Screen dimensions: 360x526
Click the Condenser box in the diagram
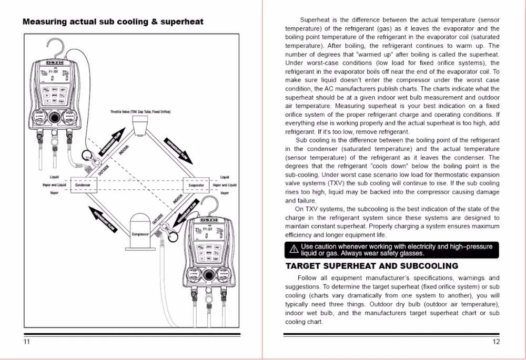point(83,185)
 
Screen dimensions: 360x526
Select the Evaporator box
point(196,185)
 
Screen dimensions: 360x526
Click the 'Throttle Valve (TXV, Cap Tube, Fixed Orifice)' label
point(140,112)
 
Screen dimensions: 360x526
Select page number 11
point(27,342)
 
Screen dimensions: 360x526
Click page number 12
point(496,342)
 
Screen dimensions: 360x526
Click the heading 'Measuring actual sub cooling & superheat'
point(113,22)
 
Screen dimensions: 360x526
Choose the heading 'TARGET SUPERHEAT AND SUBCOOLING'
point(371,266)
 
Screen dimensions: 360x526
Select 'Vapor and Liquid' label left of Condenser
point(54,185)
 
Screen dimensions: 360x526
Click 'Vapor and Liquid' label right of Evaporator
point(225,185)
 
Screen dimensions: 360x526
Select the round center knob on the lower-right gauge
point(209,274)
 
